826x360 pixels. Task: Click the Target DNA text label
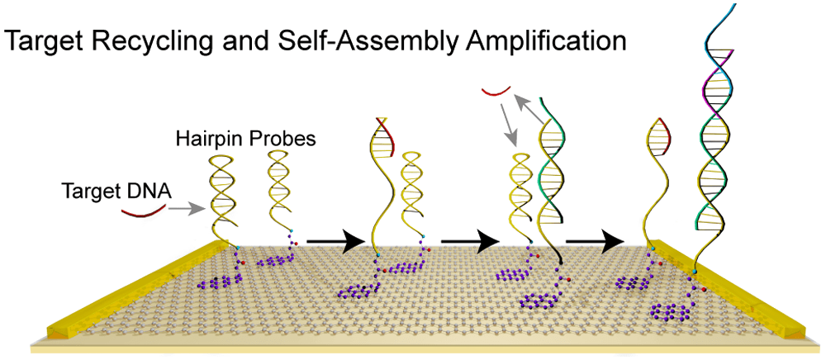[x=116, y=192]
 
